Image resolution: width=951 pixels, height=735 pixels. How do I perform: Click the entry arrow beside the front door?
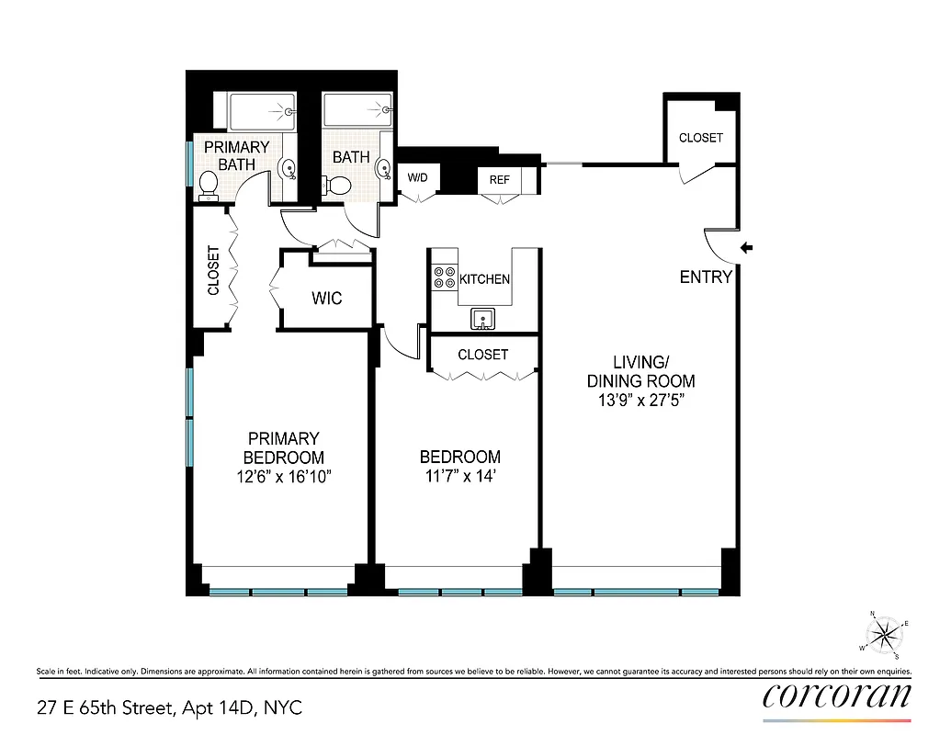747,247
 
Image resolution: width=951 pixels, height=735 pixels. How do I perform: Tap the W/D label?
418,178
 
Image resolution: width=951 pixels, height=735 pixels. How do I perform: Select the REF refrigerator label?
499,180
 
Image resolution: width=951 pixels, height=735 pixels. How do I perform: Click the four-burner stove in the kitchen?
445,277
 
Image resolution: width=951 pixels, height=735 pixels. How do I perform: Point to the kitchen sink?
482,319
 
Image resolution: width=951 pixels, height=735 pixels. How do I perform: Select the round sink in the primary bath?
287,168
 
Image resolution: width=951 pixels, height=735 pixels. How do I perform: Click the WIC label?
327,299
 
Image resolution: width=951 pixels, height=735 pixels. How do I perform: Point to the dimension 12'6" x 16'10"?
283,477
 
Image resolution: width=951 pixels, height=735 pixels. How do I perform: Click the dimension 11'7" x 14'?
459,477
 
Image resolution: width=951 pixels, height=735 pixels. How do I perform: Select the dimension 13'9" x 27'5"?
641,401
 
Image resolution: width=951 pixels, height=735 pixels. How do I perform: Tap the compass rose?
885,634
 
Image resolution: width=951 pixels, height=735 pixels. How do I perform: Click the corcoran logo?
837,695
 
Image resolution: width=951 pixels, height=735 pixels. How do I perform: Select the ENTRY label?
706,277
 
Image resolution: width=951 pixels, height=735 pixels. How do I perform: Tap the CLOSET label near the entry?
700,138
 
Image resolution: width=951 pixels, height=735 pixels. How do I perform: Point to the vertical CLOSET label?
213,270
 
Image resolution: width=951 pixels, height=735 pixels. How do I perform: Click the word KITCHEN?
484,279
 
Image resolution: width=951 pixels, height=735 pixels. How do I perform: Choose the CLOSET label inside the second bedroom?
482,355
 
